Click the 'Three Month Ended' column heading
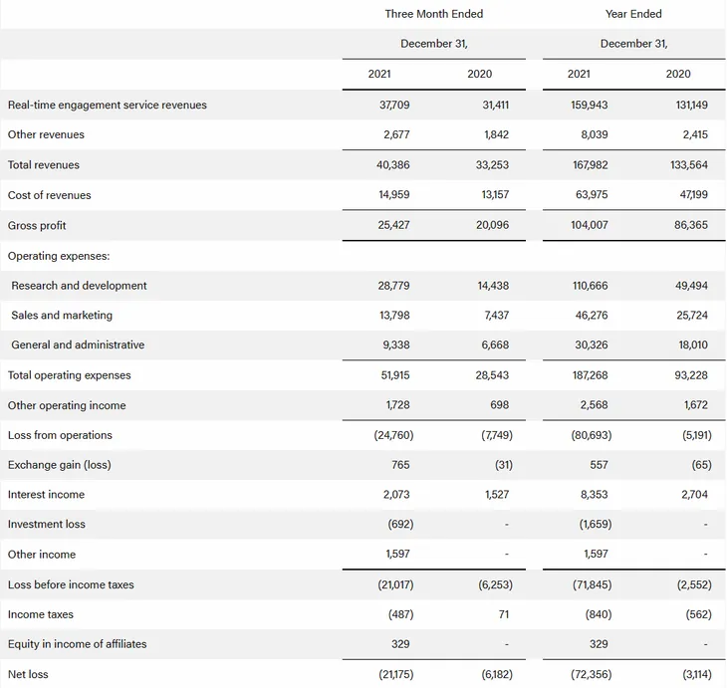[x=433, y=14]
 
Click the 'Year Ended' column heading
[x=633, y=14]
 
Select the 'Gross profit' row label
[x=37, y=225]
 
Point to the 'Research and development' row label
[x=79, y=286]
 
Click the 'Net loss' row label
[x=28, y=674]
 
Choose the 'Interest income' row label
[x=46, y=495]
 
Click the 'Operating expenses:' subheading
[x=59, y=256]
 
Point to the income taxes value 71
[x=503, y=614]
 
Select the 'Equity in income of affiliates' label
[x=77, y=644]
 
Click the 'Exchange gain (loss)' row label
[x=60, y=465]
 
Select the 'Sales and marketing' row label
[x=62, y=316]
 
